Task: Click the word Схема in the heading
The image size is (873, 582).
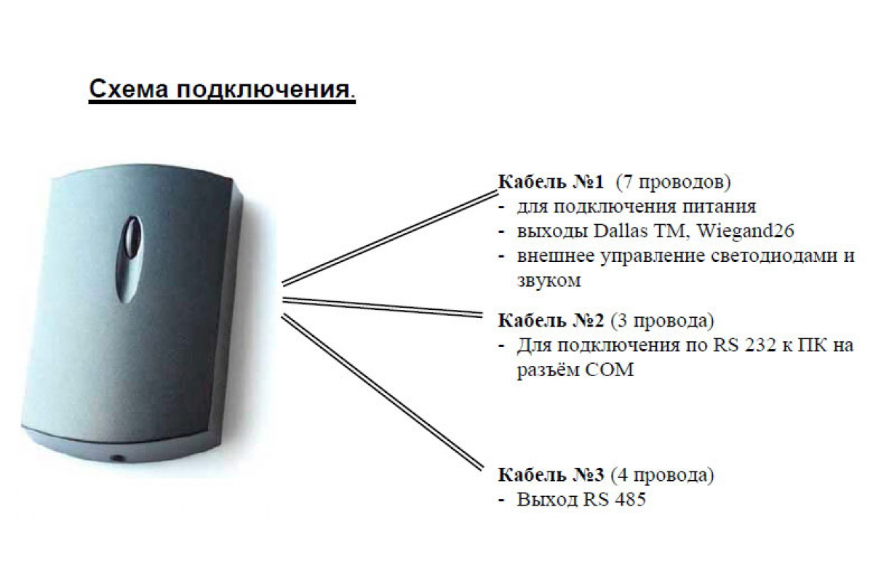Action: click(x=129, y=89)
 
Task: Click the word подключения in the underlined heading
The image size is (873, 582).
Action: click(x=263, y=90)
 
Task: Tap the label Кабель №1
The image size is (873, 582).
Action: click(x=551, y=182)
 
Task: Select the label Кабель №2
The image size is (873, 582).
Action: click(x=551, y=320)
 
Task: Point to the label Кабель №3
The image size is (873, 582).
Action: click(x=551, y=475)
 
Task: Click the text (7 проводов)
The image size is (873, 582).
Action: click(x=673, y=183)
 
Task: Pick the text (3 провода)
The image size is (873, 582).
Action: click(x=662, y=322)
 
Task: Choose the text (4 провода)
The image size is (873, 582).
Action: click(x=662, y=476)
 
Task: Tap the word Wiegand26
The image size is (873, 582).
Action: click(x=745, y=231)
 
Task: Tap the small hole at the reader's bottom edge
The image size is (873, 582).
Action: click(x=117, y=458)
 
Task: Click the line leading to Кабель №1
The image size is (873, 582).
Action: click(x=390, y=238)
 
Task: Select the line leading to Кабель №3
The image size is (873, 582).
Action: click(x=382, y=392)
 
